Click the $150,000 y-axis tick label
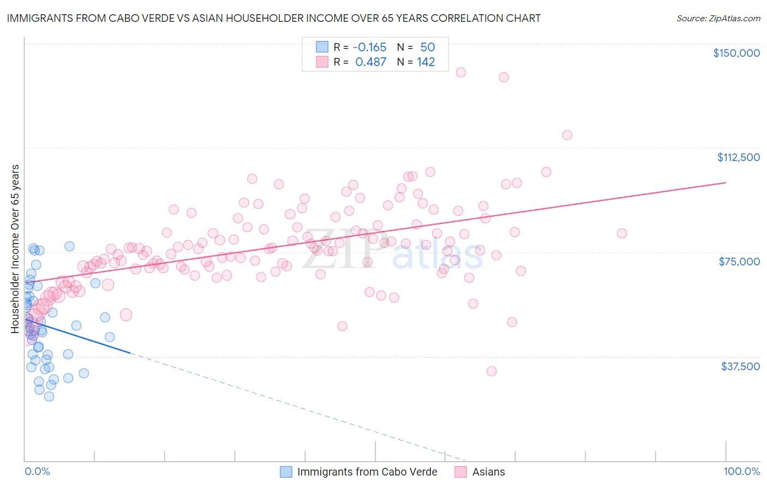pos(736,53)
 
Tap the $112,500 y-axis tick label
pos(738,157)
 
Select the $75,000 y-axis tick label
pos(739,262)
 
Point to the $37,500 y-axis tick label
pos(740,366)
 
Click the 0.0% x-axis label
pos(37,471)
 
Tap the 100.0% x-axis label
pos(741,471)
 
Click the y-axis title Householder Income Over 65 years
pos(15,248)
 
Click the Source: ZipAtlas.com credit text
pos(718,19)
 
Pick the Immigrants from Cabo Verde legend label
pos(367,472)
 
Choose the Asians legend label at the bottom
pos(488,472)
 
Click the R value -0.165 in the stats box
pos(369,47)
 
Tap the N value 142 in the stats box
pos(426,62)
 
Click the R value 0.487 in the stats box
pos(370,62)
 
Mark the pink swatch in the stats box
pos(322,62)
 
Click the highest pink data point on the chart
pos(460,72)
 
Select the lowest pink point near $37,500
pos(492,371)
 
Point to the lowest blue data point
pos(49,396)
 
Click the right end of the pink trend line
pos(726,182)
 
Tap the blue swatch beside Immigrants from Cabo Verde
pos(286,472)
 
